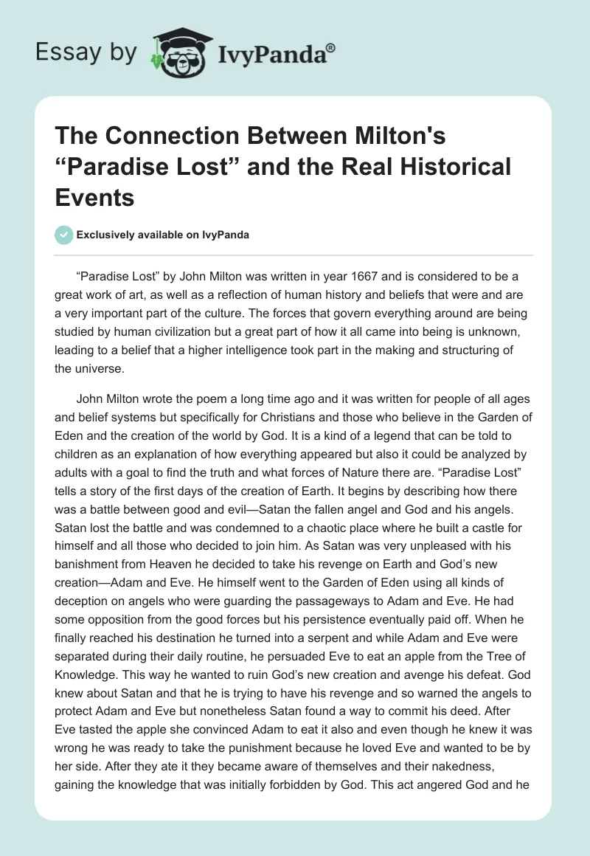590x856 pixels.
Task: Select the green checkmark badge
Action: (x=63, y=235)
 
